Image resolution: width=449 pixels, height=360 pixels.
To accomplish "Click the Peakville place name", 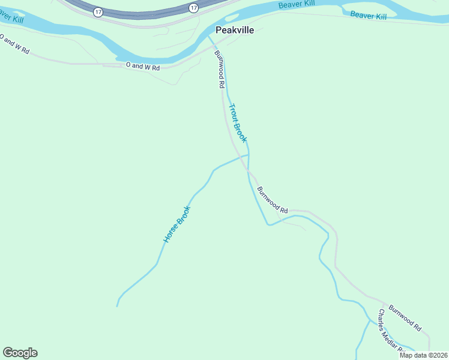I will pyautogui.click(x=235, y=29).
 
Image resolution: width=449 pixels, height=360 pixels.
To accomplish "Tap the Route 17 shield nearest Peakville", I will pyautogui.click(x=193, y=7).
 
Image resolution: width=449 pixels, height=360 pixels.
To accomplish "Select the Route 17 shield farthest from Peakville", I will pyautogui.click(x=97, y=12).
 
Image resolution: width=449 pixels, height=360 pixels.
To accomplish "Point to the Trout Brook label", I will pyautogui.click(x=238, y=123).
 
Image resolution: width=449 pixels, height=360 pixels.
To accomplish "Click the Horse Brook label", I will pyautogui.click(x=176, y=224).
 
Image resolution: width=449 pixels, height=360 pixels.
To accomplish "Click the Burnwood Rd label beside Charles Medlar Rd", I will pyautogui.click(x=405, y=319).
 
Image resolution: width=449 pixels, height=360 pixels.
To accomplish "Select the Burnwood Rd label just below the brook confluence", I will pyautogui.click(x=273, y=200).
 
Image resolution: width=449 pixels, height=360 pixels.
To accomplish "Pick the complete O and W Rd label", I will pyautogui.click(x=143, y=67).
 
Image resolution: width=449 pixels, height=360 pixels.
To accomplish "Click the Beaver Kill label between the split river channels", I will pyautogui.click(x=368, y=15).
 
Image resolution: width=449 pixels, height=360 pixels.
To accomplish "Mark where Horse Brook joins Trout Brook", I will pyautogui.click(x=249, y=155).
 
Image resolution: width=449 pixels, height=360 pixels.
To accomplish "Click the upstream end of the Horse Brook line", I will pyautogui.click(x=117, y=306).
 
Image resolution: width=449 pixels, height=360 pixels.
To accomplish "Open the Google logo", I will pyautogui.click(x=20, y=353).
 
